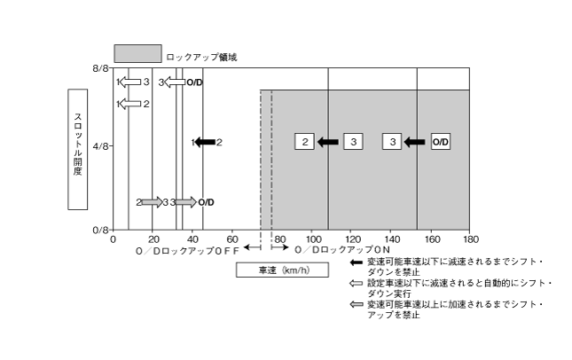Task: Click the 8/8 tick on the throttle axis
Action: pyautogui.click(x=100, y=67)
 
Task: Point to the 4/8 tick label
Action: pyautogui.click(x=100, y=147)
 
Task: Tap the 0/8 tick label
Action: pyautogui.click(x=100, y=229)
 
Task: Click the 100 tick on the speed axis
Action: pyautogui.click(x=311, y=239)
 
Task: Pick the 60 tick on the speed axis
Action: pyautogui.click(x=232, y=239)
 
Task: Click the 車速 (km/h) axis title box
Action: pyautogui.click(x=281, y=270)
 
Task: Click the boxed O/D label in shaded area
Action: pyautogui.click(x=441, y=142)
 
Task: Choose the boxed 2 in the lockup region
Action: pyautogui.click(x=304, y=142)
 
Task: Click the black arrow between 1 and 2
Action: pyautogui.click(x=205, y=142)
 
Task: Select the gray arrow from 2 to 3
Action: pyautogui.click(x=152, y=202)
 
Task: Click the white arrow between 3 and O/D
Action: pyautogui.click(x=174, y=82)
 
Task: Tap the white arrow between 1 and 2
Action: pyautogui.click(x=131, y=104)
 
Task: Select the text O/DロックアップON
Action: pyautogui.click(x=342, y=252)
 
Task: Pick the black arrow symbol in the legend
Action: pyautogui.click(x=357, y=263)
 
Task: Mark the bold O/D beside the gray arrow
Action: pyautogui.click(x=206, y=202)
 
